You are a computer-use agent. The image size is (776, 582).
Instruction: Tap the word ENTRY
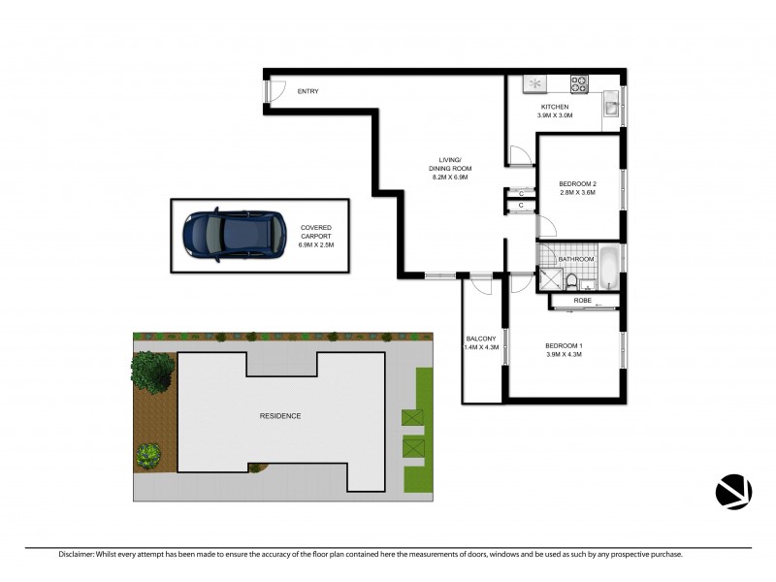tap(307, 91)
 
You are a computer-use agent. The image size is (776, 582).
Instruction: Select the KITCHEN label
tap(555, 107)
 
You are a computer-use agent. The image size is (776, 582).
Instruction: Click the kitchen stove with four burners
tap(579, 83)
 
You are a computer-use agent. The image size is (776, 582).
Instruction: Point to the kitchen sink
tap(610, 103)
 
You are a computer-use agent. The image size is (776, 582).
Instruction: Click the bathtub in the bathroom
tap(607, 269)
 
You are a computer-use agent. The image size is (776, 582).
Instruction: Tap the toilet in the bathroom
tap(572, 282)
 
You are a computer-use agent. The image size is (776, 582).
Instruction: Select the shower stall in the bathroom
tap(549, 278)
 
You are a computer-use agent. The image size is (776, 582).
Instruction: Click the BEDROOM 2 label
tap(577, 184)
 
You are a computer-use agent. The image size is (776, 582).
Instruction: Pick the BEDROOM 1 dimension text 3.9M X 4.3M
tap(564, 354)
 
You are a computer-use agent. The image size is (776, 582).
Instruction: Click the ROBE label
tap(582, 301)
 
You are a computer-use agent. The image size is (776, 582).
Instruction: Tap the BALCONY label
tap(481, 339)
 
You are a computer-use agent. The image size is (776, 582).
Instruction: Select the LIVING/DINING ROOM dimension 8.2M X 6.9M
tap(449, 178)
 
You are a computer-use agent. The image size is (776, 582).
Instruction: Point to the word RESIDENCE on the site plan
tap(279, 416)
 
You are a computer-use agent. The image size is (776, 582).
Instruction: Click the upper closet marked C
tap(521, 192)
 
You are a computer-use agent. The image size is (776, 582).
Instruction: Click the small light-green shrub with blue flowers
tap(148, 453)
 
